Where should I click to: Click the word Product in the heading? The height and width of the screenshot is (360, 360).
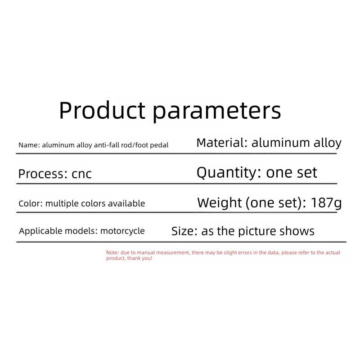coord(102,110)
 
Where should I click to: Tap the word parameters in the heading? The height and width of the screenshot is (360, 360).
coord(217,112)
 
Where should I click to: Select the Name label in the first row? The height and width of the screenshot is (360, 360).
coord(29,145)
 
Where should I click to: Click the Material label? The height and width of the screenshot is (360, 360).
coord(222,143)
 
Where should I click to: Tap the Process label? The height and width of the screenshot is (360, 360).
coord(43,174)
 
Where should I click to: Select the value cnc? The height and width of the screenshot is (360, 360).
coord(81,174)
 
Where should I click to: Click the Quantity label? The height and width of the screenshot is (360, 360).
coord(229,173)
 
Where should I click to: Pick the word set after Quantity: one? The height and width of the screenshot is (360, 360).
coord(307,173)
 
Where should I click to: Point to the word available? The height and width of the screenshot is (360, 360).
coord(126,203)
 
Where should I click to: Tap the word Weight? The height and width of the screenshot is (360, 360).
coord(220,203)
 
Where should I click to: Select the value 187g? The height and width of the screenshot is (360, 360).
coord(326,203)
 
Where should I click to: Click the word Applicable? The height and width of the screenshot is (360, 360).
coord(40,231)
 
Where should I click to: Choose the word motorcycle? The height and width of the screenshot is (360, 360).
coord(122,231)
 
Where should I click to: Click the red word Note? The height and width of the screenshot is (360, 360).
coord(112,252)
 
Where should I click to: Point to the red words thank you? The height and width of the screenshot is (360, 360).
coord(139,258)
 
